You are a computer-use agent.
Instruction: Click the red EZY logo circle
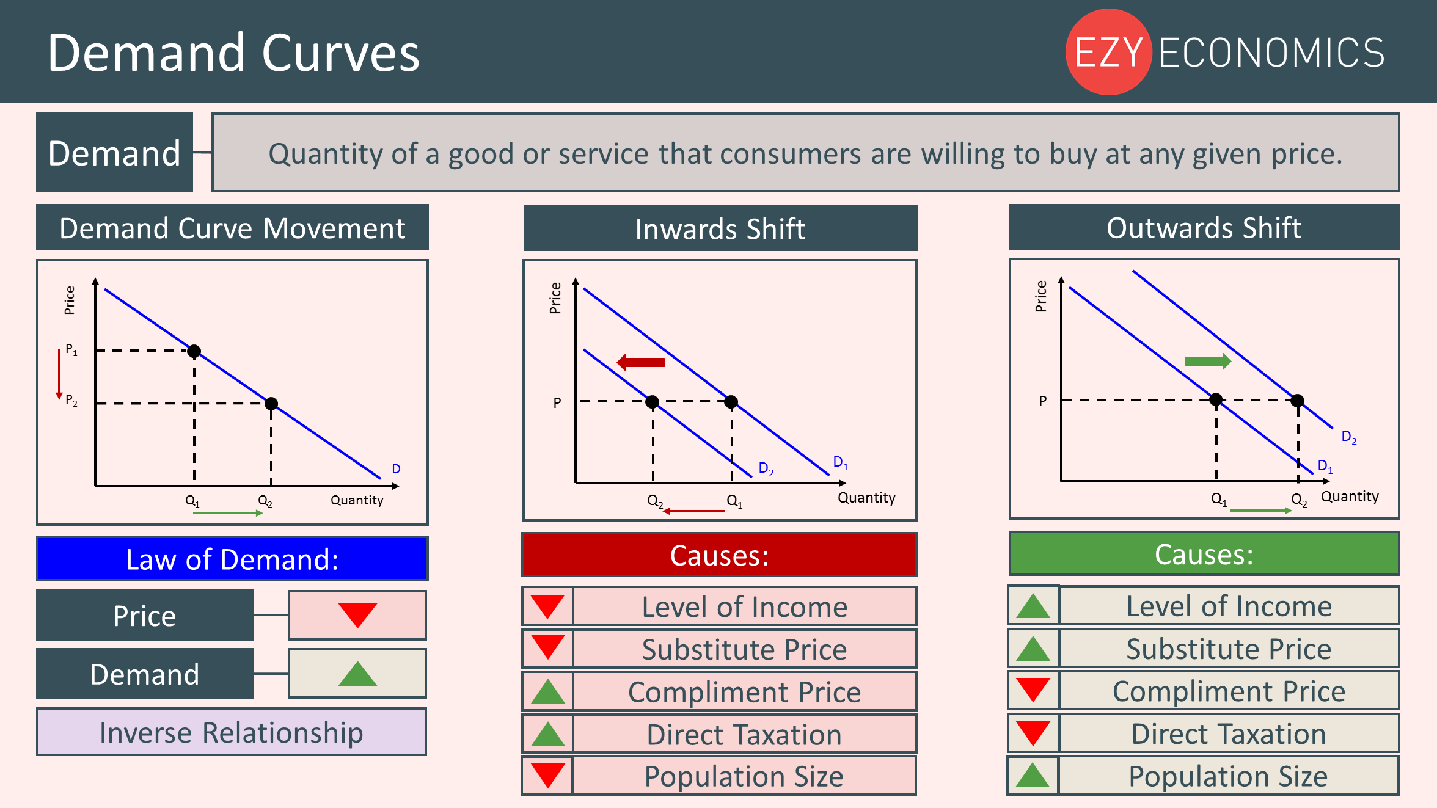click(x=1108, y=52)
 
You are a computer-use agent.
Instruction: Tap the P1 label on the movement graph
click(x=71, y=350)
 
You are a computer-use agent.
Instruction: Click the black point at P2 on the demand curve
click(x=271, y=403)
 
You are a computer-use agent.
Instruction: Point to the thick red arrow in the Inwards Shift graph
click(x=640, y=362)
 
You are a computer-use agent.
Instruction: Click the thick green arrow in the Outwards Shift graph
click(x=1208, y=361)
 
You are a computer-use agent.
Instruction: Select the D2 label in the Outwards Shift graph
click(x=1349, y=437)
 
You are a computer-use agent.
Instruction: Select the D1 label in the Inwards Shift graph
click(x=841, y=463)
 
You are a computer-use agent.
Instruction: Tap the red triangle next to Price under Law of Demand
click(x=357, y=615)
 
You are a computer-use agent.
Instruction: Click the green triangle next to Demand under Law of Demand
click(x=357, y=674)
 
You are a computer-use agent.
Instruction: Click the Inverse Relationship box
click(x=232, y=732)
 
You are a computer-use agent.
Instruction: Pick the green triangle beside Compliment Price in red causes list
click(x=548, y=691)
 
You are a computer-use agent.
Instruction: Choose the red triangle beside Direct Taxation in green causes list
click(x=1033, y=733)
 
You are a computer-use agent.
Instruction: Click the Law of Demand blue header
click(x=232, y=559)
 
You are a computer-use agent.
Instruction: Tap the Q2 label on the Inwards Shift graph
click(x=655, y=501)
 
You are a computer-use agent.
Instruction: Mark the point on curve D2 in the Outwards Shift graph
click(x=1298, y=401)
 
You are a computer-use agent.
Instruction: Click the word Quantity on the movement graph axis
click(x=357, y=500)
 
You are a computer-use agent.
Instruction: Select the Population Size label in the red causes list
click(x=744, y=776)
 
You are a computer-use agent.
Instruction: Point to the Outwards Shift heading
click(x=1204, y=227)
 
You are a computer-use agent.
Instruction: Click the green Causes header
click(x=1204, y=554)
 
